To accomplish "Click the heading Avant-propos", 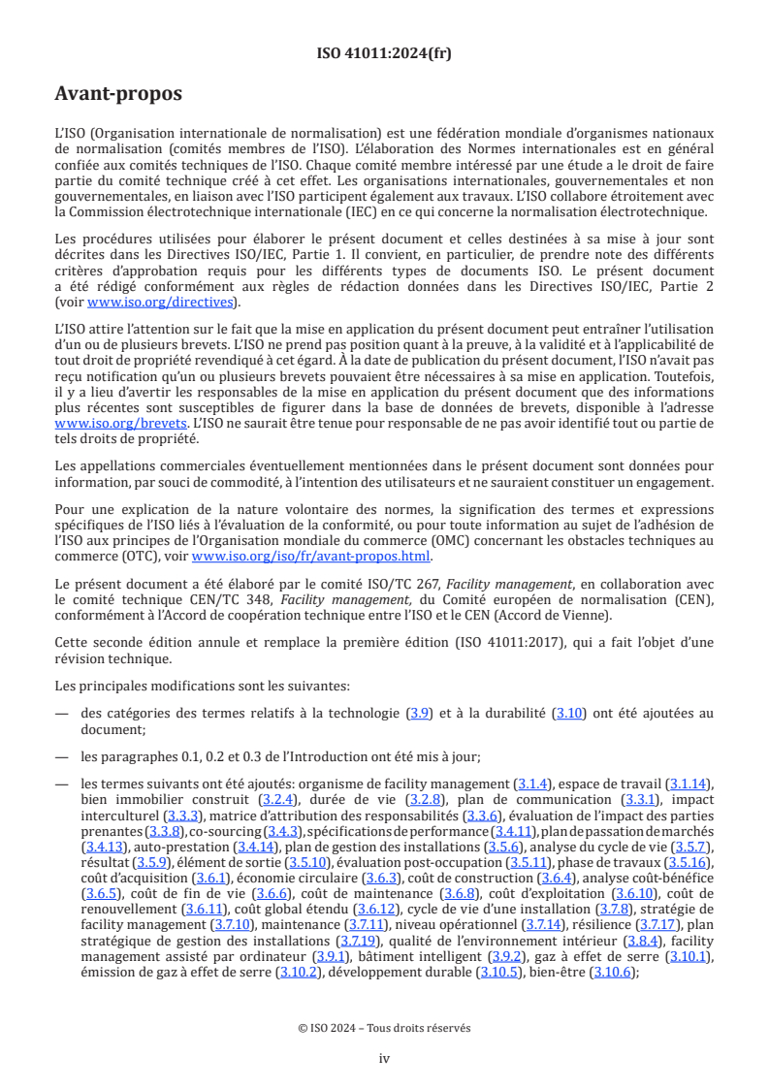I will (118, 94).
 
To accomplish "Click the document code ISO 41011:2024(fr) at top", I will (384, 53).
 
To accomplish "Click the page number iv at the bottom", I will (384, 1058).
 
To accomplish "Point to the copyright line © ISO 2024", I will (384, 1028).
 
